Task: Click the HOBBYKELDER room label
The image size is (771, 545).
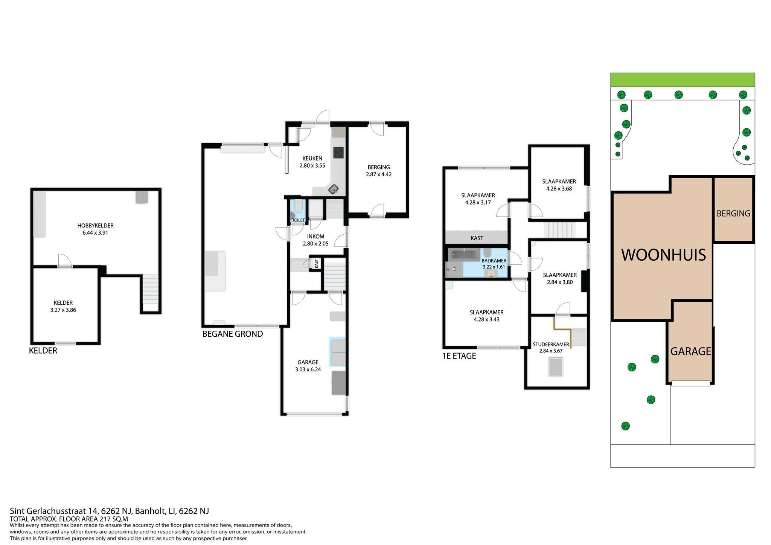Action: [95, 226]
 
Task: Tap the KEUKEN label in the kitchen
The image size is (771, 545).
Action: [312, 159]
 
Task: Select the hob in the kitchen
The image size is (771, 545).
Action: [338, 153]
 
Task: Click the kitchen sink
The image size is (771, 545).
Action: [333, 189]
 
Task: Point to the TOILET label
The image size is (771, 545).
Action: [299, 220]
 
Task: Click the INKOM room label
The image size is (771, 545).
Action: [315, 237]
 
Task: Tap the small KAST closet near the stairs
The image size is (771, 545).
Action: [317, 263]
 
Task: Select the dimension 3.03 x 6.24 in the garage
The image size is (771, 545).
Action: [308, 369]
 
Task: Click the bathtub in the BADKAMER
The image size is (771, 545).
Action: [465, 255]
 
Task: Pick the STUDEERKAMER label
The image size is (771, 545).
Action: [551, 344]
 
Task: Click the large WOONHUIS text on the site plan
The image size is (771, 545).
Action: [663, 255]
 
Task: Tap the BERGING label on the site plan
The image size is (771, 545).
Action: [733, 214]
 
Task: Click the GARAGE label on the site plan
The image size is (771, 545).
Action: [691, 351]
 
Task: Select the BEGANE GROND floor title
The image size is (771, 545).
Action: [233, 334]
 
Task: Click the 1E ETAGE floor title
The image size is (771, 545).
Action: [459, 356]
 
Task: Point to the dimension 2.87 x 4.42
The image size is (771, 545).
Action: [379, 174]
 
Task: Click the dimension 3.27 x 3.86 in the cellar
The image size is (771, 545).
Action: [63, 310]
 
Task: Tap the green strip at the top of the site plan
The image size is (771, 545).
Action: [683, 80]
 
